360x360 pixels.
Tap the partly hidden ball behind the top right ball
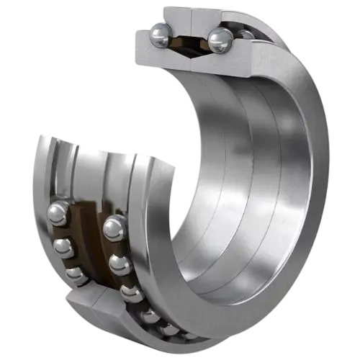tap(246, 35)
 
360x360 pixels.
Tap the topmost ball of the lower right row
tap(114, 229)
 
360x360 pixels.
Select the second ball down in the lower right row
tap(120, 264)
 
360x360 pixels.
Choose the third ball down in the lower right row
tap(130, 292)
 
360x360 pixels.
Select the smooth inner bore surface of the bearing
tap(238, 180)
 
